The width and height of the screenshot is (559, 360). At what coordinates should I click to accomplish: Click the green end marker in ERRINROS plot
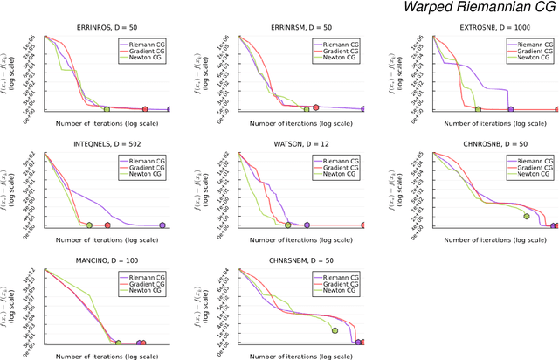[x=107, y=109]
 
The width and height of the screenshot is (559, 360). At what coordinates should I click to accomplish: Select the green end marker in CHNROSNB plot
[x=527, y=216]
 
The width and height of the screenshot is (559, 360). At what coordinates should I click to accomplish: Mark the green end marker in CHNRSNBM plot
[x=335, y=329]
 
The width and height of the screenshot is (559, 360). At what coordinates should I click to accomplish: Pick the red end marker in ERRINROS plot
[x=146, y=109]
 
